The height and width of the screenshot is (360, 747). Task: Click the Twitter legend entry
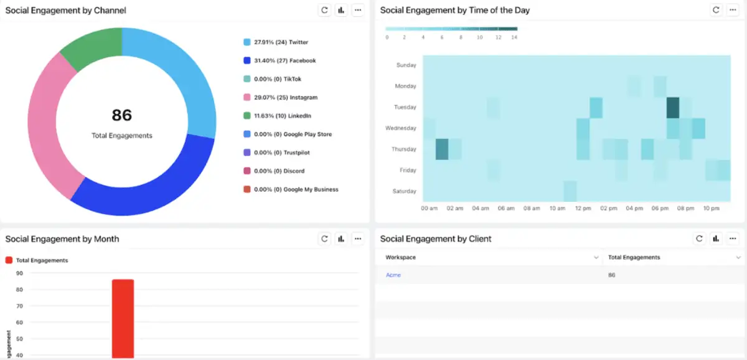click(x=280, y=42)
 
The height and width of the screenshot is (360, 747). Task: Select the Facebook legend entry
click(x=284, y=60)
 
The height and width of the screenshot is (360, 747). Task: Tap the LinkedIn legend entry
click(x=282, y=116)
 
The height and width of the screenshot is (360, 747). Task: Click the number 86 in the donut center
click(x=122, y=115)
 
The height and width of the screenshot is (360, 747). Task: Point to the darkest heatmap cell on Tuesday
click(x=672, y=108)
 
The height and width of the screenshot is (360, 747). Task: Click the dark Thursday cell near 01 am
click(x=441, y=149)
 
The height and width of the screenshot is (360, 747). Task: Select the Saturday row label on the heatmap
click(x=405, y=191)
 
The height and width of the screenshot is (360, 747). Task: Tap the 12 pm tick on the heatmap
click(x=583, y=209)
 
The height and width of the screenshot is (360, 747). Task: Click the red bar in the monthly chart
click(x=123, y=318)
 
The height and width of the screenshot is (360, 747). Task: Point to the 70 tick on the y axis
click(x=19, y=306)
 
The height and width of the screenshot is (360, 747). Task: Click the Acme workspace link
click(x=393, y=275)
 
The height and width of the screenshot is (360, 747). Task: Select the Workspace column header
click(x=401, y=257)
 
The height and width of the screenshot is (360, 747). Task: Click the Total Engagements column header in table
click(x=634, y=257)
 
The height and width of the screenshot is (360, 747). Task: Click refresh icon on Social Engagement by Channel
click(x=324, y=10)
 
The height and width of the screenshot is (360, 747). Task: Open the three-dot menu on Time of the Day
click(x=733, y=10)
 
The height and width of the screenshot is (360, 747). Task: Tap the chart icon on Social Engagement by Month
click(x=341, y=239)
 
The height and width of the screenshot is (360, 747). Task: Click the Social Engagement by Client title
click(x=436, y=239)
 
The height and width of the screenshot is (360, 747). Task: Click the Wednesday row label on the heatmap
click(x=402, y=128)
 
